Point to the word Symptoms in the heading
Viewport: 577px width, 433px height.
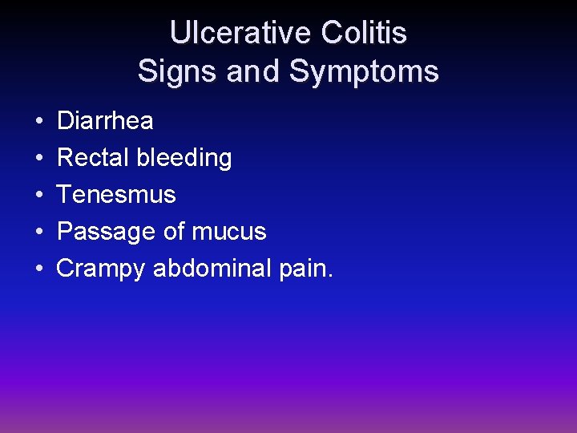click(364, 71)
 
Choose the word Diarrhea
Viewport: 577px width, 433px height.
click(105, 121)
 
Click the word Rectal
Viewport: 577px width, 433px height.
click(93, 158)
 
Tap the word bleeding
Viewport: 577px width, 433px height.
click(184, 158)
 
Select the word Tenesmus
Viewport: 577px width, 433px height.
click(116, 195)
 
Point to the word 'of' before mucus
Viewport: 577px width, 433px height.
click(173, 232)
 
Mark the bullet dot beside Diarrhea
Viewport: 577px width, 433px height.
click(39, 122)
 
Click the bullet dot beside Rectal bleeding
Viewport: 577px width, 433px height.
click(39, 159)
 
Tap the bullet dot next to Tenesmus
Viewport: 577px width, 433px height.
click(39, 196)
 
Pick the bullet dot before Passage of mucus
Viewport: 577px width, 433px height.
click(39, 233)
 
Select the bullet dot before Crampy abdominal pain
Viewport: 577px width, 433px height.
click(39, 269)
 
